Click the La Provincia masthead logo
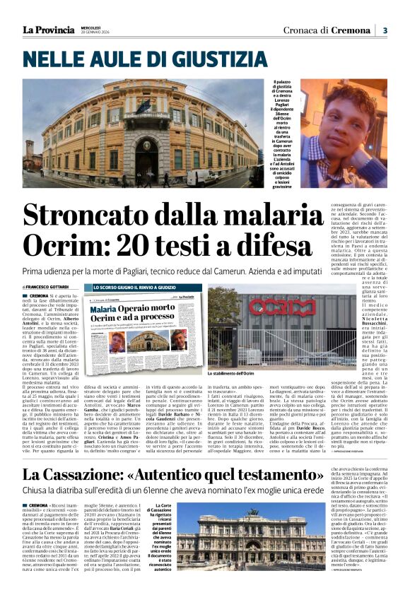point(48,30)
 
